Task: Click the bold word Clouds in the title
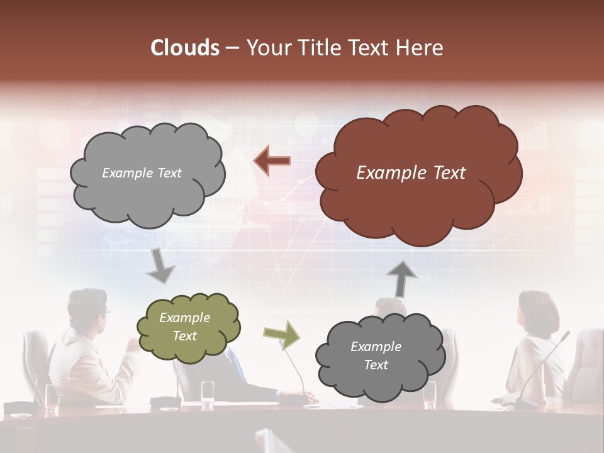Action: coord(184,48)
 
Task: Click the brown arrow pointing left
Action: coord(272,161)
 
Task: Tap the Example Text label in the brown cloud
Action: coord(411,173)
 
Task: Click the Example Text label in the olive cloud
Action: coord(185,327)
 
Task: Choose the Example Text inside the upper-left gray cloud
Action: coord(142,173)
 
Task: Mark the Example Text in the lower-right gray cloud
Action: coord(376,355)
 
